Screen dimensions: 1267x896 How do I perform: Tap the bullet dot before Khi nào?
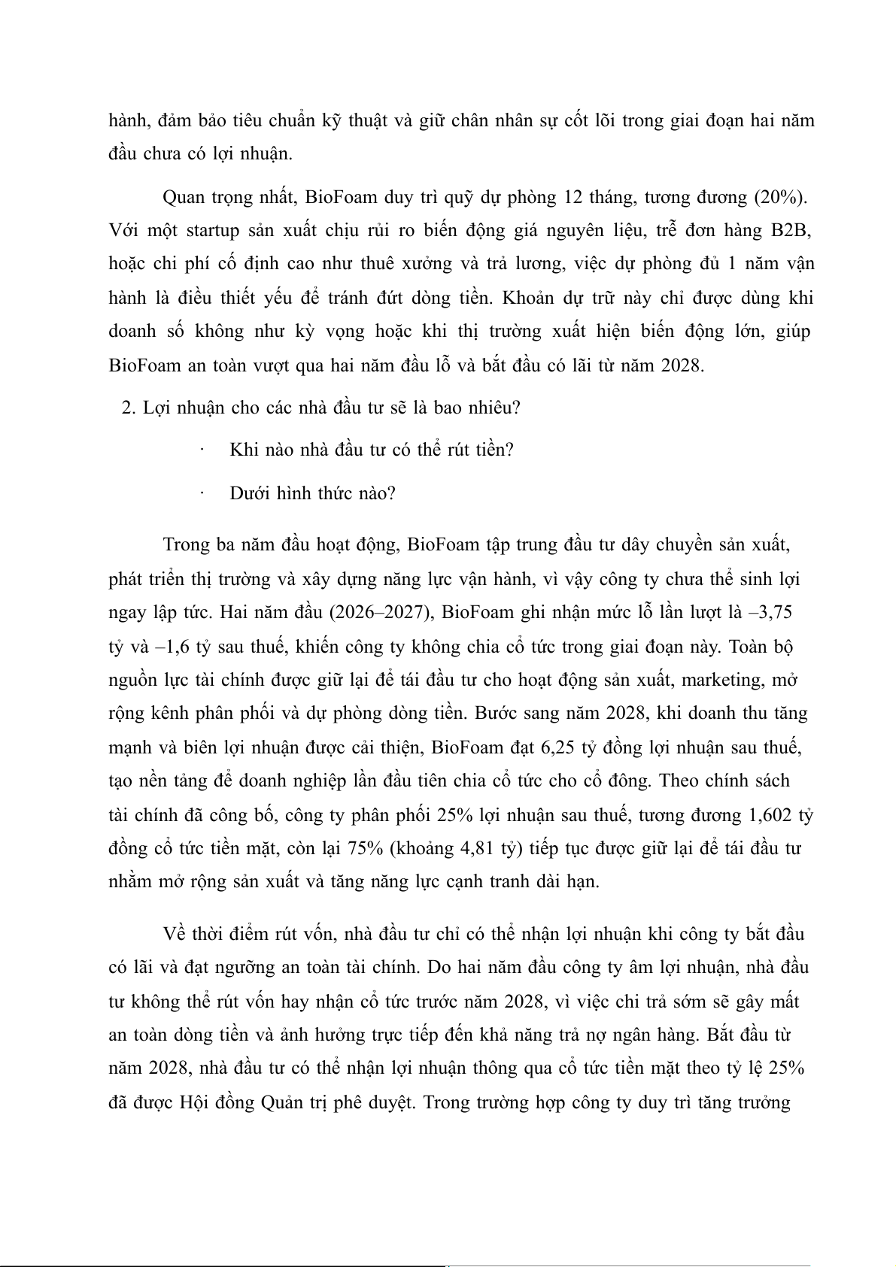click(203, 450)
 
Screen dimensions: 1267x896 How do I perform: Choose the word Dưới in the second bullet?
click(251, 493)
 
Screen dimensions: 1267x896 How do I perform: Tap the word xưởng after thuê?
click(427, 264)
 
